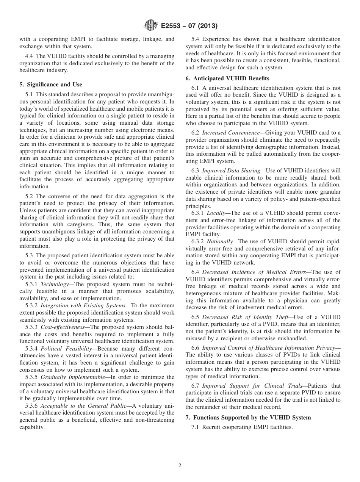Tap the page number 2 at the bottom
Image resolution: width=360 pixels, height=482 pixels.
[x=180, y=466]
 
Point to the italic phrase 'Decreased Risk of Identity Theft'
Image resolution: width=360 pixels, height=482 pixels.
[x=244, y=317]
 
